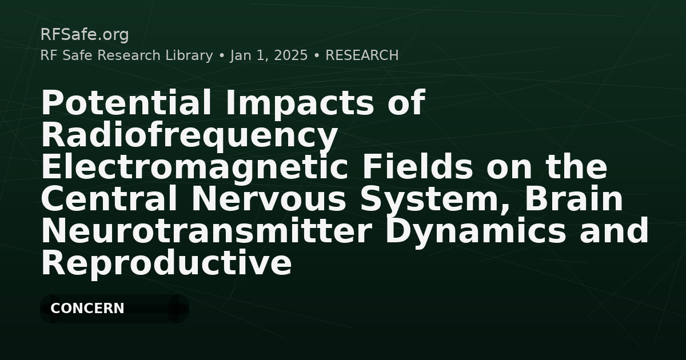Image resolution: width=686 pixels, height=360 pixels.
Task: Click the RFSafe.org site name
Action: (x=85, y=35)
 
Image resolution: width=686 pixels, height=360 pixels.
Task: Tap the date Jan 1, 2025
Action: (x=269, y=56)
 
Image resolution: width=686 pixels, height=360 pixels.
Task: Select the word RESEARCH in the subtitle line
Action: (x=362, y=55)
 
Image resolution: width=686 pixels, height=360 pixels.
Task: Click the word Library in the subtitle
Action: (x=189, y=55)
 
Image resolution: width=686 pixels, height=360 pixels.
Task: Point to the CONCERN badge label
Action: (x=87, y=308)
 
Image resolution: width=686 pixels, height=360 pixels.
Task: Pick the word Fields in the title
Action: (x=417, y=167)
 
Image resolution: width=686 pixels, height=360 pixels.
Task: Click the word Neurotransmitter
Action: (x=206, y=231)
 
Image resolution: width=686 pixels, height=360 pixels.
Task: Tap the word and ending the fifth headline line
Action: (x=614, y=231)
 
